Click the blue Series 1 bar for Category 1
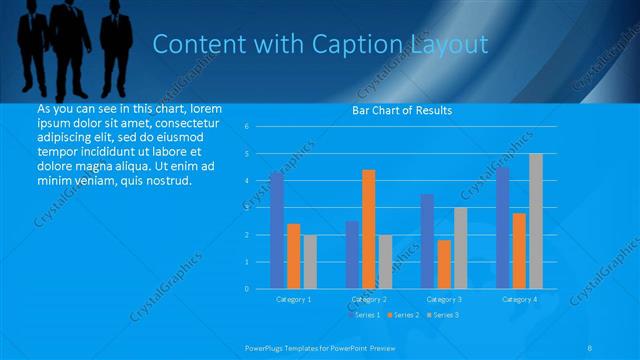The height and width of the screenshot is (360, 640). coord(277,230)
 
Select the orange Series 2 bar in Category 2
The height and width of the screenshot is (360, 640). coord(369,229)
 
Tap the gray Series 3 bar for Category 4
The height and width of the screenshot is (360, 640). coord(536,221)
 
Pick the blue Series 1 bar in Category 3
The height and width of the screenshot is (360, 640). coord(427,241)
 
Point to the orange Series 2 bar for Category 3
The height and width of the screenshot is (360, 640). coord(444,264)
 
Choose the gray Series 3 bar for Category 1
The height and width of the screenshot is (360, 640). coord(310,261)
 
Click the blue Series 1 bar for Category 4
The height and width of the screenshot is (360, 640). coord(503,228)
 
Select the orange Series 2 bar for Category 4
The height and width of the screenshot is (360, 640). coord(519,250)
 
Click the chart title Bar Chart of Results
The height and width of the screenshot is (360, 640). coord(402,110)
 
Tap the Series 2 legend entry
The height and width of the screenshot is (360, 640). coord(404,315)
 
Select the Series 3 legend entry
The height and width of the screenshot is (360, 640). coord(444,315)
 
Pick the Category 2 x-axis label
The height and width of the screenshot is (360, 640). coord(369,299)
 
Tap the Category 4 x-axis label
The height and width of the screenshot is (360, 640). coord(519,299)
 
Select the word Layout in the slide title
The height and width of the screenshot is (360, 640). coord(450,45)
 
